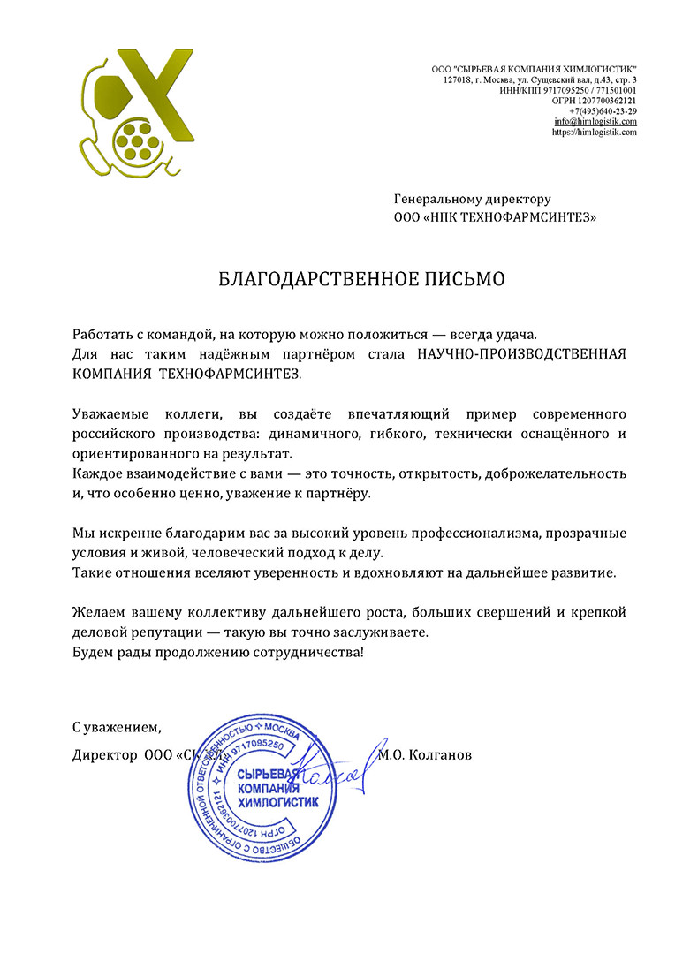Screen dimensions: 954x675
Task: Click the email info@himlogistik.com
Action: [595, 122]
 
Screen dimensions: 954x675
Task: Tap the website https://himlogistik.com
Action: [594, 132]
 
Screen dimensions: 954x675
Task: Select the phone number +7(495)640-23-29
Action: [603, 111]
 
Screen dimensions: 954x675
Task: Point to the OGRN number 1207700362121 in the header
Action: [610, 101]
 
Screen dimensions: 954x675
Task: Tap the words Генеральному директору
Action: [472, 200]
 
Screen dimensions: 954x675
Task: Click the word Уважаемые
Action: [110, 413]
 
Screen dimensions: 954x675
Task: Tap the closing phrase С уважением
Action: [117, 728]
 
